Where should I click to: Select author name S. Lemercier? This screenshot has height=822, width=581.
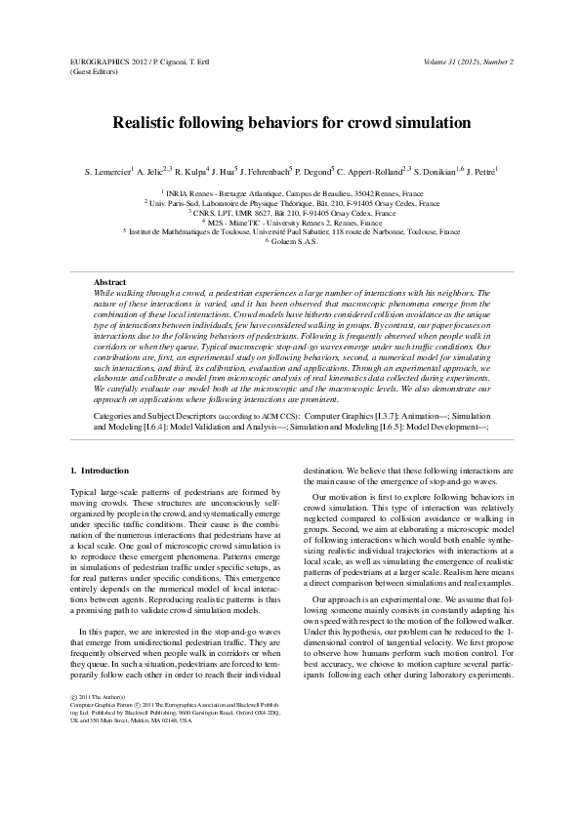pos(106,172)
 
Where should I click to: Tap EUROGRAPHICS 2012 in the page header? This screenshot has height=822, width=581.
pos(106,62)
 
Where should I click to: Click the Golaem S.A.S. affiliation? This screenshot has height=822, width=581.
pos(292,241)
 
